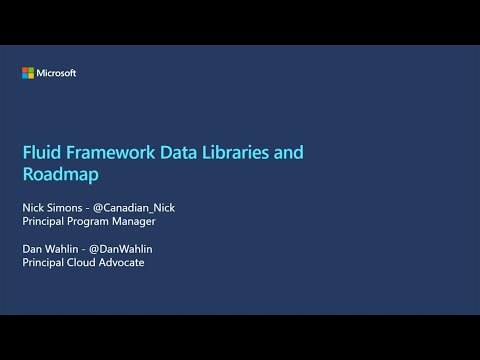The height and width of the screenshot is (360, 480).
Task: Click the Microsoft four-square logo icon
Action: click(x=28, y=72)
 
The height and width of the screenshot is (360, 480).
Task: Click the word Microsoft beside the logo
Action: click(x=57, y=72)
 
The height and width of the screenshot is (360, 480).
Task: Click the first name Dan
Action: click(x=32, y=248)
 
